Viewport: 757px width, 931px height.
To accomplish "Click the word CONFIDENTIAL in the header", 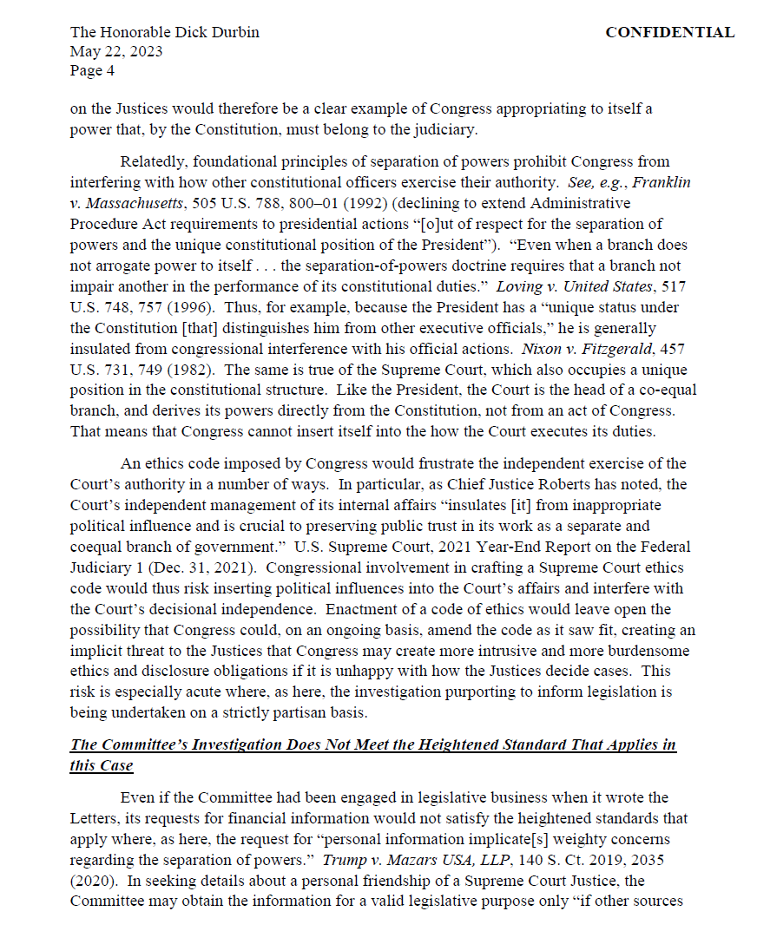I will click(x=669, y=33).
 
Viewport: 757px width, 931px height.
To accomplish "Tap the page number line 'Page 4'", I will click(x=92, y=71).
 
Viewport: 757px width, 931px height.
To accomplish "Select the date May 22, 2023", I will click(x=116, y=52).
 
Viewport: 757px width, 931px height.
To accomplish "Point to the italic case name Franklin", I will click(x=661, y=182).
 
